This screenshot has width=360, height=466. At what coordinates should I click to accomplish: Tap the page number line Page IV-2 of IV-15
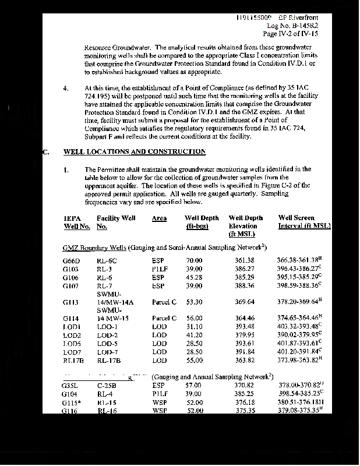coord(292,34)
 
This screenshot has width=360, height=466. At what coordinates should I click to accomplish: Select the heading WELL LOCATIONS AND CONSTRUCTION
coord(135,151)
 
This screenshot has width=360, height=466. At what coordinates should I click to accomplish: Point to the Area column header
coord(159,218)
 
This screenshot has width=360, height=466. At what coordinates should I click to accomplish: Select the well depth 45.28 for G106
coord(194,277)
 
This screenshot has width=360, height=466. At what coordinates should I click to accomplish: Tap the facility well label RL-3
coord(104,269)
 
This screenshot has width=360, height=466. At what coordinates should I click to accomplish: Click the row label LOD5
coord(72,344)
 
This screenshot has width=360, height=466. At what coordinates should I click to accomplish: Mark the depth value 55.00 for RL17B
coord(194,361)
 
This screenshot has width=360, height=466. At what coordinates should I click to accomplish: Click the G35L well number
coord(71,385)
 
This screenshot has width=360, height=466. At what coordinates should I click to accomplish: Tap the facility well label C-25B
coord(106,385)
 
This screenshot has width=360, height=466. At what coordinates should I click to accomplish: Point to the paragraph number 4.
coord(66,89)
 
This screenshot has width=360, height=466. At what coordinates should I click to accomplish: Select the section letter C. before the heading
coord(46,151)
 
